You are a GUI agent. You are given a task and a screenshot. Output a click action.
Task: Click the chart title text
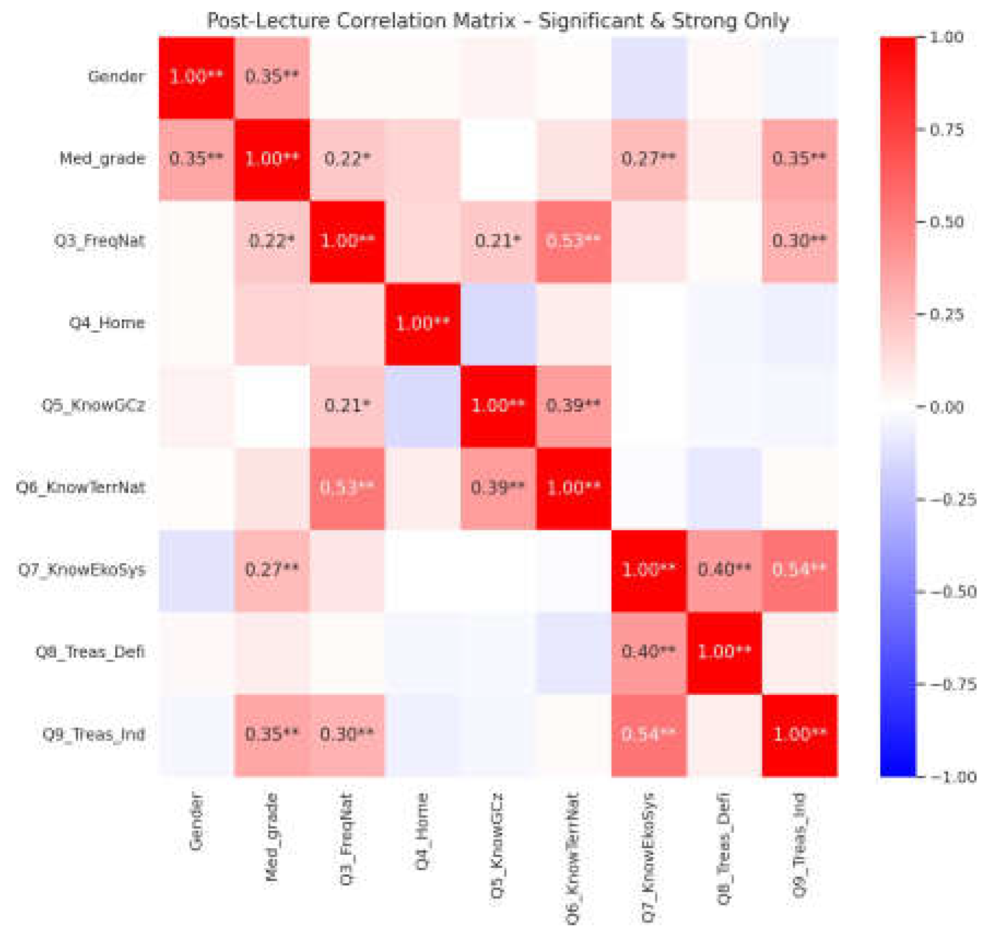click(x=498, y=21)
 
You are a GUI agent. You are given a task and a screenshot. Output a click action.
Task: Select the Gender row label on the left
click(x=116, y=76)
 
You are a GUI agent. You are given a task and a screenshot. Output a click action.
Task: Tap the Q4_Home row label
click(x=107, y=323)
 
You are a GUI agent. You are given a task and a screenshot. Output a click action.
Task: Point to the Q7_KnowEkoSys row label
click(x=82, y=570)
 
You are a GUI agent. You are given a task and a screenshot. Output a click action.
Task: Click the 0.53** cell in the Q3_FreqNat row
click(x=573, y=240)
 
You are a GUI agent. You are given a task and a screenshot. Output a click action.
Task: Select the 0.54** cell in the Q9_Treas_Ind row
click(x=648, y=734)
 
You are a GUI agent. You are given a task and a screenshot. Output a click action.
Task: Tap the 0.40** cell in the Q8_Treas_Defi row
click(x=648, y=651)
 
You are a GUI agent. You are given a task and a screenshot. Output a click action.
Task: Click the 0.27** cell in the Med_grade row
click(x=648, y=158)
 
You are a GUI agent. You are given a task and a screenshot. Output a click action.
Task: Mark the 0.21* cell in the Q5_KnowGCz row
click(x=347, y=405)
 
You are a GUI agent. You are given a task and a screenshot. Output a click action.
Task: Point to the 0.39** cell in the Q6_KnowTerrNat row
click(x=498, y=487)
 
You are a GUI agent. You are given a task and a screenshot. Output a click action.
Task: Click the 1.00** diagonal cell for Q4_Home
click(x=422, y=323)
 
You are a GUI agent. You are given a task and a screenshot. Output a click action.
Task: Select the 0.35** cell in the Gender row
click(x=271, y=76)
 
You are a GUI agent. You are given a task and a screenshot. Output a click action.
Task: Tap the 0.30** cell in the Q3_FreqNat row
click(x=799, y=240)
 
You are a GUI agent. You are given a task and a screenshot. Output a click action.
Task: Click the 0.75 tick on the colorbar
click(x=946, y=130)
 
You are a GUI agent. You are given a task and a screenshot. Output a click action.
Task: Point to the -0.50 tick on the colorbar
click(x=954, y=592)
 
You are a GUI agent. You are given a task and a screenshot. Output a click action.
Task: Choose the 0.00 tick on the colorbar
click(x=946, y=407)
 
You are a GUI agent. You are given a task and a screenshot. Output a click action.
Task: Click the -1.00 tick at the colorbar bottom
click(x=954, y=777)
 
